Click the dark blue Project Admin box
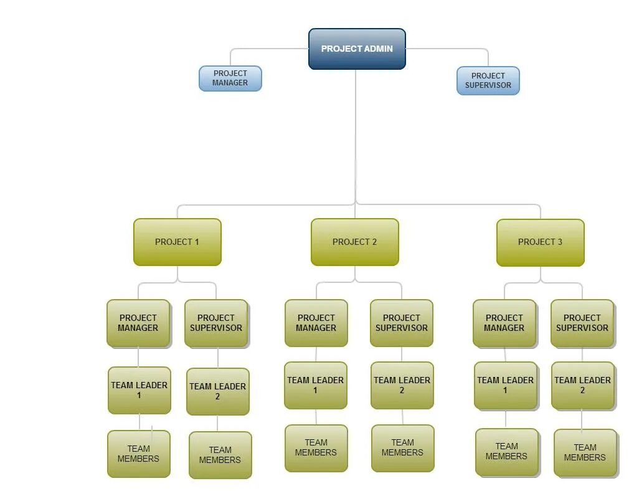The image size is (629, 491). coord(357,49)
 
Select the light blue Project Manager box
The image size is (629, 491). coord(230,79)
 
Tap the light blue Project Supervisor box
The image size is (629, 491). coord(488,81)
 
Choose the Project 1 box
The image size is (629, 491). coord(177,242)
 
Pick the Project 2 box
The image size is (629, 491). coord(354,242)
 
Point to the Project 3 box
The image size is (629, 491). coord(540,242)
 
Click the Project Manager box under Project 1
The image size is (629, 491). coord(138,323)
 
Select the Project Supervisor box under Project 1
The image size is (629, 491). coord(216,323)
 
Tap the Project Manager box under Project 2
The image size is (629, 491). coord(316,323)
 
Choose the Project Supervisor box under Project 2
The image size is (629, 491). coord(401,323)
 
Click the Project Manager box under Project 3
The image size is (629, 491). coord(504,323)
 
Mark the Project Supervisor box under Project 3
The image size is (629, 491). coord(582,323)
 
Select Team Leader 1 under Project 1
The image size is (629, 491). coord(139,390)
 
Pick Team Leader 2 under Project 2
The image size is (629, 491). coord(402,385)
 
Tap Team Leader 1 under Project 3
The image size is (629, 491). coord(505,385)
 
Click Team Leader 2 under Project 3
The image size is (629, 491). coord(582,385)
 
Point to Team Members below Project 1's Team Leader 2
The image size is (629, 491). coord(220,455)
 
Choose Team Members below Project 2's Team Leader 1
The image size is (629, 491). coord(316,447)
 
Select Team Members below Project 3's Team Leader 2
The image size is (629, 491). coord(585,452)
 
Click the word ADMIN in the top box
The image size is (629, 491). coord(378,49)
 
